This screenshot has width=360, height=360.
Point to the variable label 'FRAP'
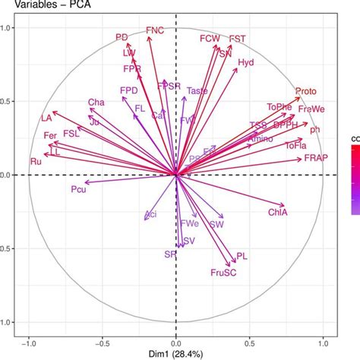click(316, 158)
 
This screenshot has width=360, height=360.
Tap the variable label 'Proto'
click(306, 90)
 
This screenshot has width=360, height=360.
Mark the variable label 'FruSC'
click(226, 271)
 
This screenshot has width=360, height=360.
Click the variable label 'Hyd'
click(247, 63)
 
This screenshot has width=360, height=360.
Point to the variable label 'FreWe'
click(311, 110)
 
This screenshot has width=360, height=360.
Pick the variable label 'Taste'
click(197, 91)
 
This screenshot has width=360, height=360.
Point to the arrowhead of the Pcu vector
click(85, 182)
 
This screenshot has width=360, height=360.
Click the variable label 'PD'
click(122, 36)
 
